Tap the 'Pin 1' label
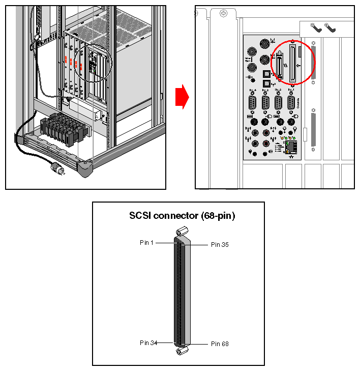[x=146, y=243]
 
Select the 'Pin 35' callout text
[x=220, y=245]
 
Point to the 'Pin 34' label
[x=148, y=343]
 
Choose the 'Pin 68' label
[x=220, y=344]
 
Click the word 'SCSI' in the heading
[x=140, y=216]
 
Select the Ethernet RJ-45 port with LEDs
[x=291, y=148]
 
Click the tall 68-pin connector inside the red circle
[x=293, y=63]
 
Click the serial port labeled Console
[x=291, y=102]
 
